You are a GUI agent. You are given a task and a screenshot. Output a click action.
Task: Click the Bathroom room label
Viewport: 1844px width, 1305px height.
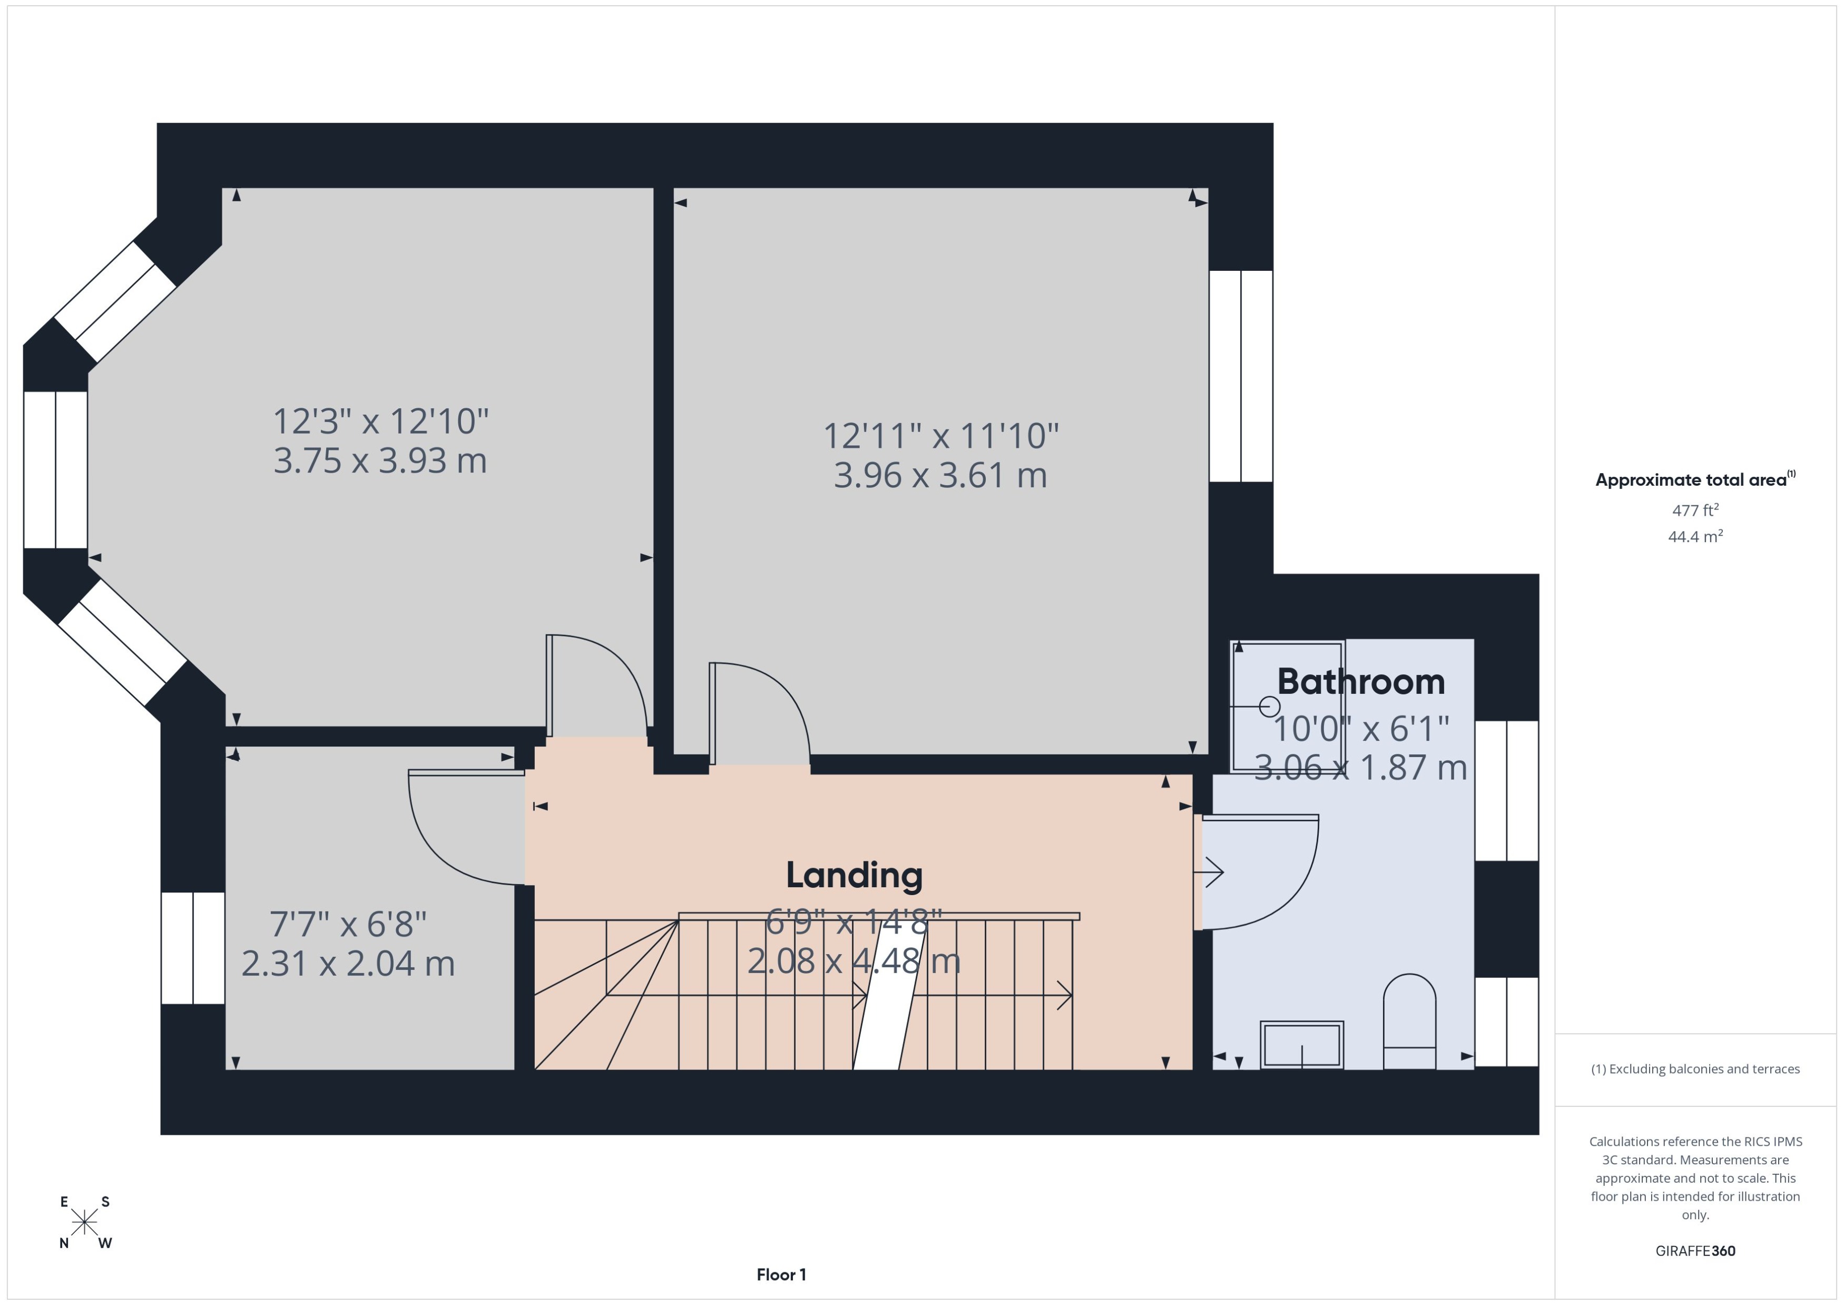click(1360, 682)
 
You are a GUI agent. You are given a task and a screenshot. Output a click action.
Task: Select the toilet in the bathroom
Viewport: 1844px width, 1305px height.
click(1409, 1022)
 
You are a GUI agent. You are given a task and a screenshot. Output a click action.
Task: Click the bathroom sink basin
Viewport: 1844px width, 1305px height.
click(1302, 1045)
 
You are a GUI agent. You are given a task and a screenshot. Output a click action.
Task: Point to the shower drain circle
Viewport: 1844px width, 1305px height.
click(1270, 707)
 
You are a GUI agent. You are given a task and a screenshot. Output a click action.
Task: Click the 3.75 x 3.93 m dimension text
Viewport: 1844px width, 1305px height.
click(380, 460)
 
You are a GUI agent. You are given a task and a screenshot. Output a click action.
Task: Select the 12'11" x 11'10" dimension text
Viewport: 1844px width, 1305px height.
click(941, 436)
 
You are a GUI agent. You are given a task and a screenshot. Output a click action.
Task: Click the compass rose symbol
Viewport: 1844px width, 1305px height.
click(84, 1223)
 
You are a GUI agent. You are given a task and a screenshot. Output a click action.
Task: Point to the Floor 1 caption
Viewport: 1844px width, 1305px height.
click(781, 1274)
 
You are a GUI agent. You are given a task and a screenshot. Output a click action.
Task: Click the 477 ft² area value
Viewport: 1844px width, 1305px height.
click(1695, 511)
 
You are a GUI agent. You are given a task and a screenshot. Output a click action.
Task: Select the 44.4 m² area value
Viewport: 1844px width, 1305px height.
click(1695, 536)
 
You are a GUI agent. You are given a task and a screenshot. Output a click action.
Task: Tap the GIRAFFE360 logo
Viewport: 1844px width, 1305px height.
click(1695, 1250)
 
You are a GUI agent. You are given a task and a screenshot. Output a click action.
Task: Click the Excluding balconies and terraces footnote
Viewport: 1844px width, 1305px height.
click(1695, 1069)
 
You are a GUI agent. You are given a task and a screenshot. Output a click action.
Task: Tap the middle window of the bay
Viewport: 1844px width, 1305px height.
click(55, 470)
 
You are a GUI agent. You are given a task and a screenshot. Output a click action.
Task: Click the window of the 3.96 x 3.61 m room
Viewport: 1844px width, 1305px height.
click(1241, 376)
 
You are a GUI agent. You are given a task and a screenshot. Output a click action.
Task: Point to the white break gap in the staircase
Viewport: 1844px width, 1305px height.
click(889, 996)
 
